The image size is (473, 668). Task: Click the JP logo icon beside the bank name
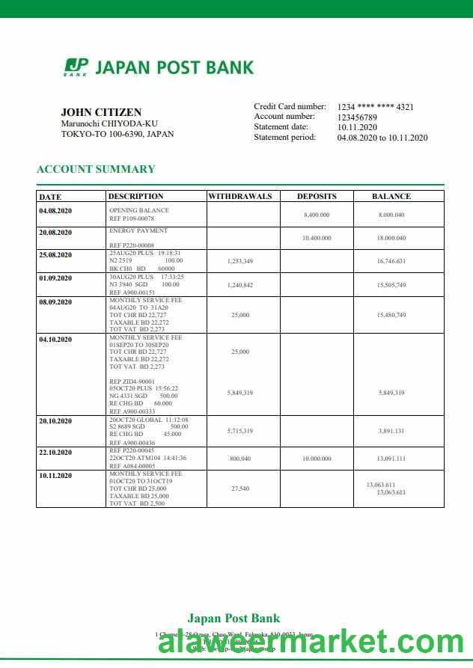point(76,67)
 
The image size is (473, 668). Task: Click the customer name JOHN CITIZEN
point(101,112)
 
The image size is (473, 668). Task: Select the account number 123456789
point(357,117)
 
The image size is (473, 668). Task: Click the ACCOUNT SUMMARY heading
point(96,169)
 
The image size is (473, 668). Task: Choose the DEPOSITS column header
point(317,197)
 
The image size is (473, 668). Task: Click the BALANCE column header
point(391,197)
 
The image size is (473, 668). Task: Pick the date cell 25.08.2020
point(55,255)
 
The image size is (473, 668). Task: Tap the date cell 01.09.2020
point(55,278)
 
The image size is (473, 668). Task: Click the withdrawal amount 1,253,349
point(239,261)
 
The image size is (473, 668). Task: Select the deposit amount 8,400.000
point(317,215)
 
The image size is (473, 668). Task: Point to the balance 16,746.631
point(391,261)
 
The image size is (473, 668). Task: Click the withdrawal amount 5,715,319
point(239,431)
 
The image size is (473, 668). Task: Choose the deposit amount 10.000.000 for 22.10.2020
point(317,458)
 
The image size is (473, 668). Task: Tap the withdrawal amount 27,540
point(239,488)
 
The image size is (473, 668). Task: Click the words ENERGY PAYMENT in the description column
point(138,231)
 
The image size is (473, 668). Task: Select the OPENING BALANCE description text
point(139,210)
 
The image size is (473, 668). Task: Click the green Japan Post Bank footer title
point(234,618)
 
